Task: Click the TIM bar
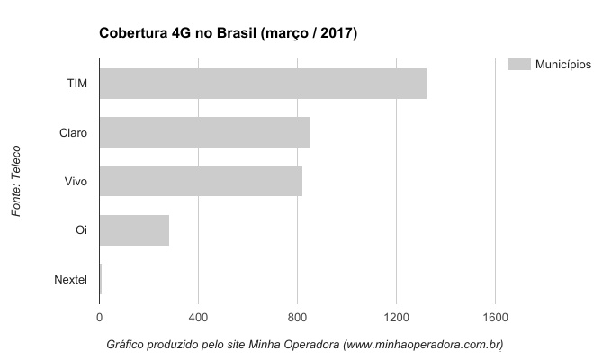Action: coord(263,84)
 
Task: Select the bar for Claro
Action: coord(204,132)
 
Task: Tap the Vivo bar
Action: coord(201,181)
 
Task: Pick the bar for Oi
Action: coord(134,230)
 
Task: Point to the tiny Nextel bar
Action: coord(101,279)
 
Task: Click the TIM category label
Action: coord(76,84)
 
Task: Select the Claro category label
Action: coord(73,132)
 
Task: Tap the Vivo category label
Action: coord(76,182)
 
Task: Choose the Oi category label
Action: coord(81,230)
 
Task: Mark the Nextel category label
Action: coord(71,279)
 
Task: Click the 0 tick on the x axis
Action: coord(100,317)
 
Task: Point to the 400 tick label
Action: coord(199,317)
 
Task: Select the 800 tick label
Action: coord(298,317)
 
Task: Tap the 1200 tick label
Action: coord(396,317)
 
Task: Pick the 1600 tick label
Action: coord(495,317)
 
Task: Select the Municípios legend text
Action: coord(562,64)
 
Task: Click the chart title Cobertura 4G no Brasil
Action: coord(228,34)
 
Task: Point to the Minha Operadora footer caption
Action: coord(304,345)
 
